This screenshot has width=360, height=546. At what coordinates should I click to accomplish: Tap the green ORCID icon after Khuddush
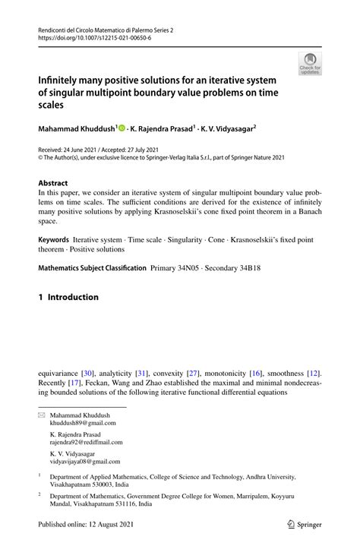click(x=122, y=128)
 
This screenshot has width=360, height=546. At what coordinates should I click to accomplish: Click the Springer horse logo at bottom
click(x=290, y=523)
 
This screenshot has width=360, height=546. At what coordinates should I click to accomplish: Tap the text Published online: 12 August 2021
click(x=90, y=523)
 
